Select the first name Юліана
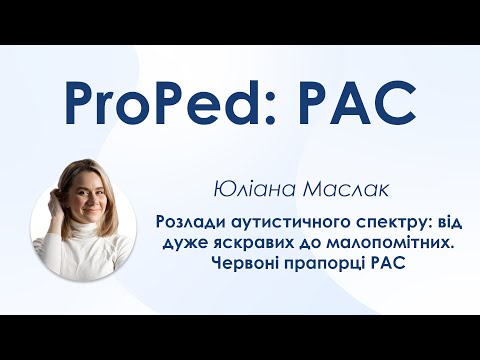coord(247,187)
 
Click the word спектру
coord(369,223)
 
